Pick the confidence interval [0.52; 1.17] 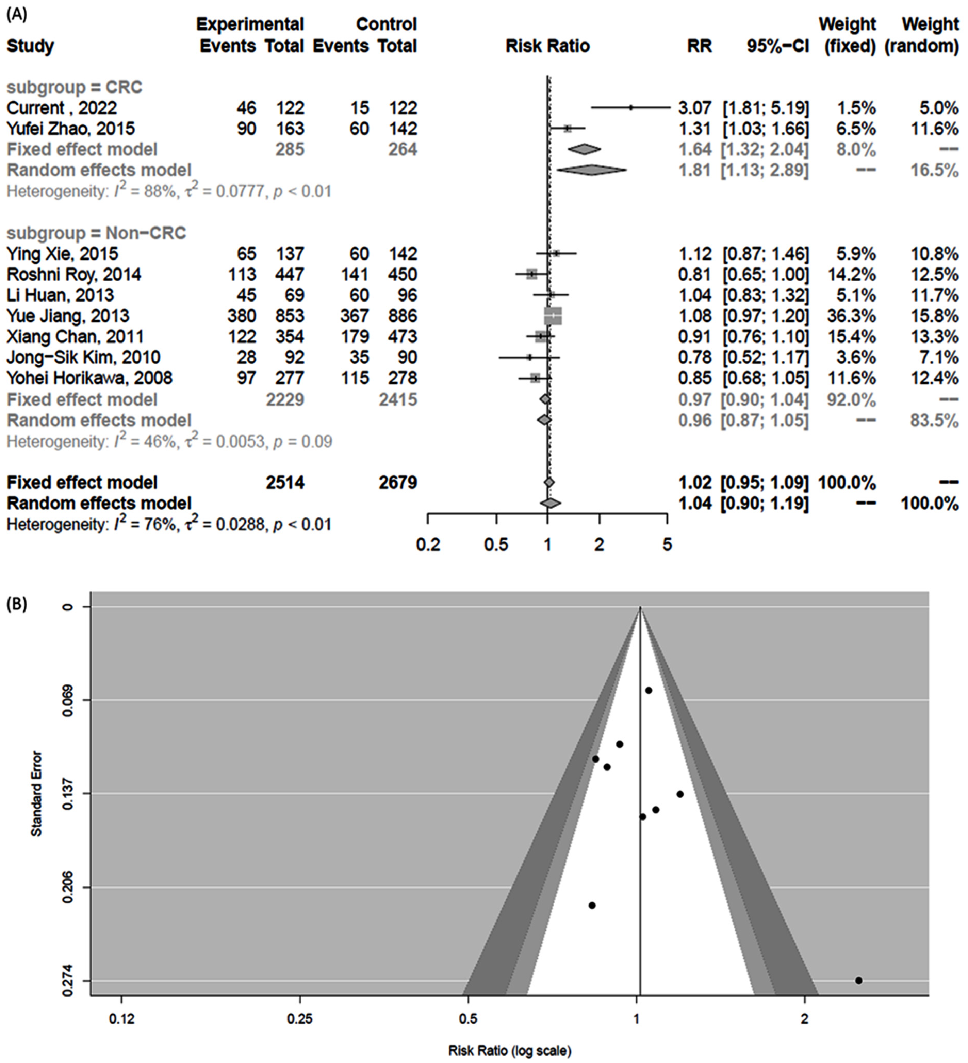[765, 357]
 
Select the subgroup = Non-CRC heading [96, 233]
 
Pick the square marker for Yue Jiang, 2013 [553, 316]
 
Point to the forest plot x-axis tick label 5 [667, 544]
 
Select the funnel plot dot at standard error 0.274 [858, 980]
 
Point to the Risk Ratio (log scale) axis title [510, 1051]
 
